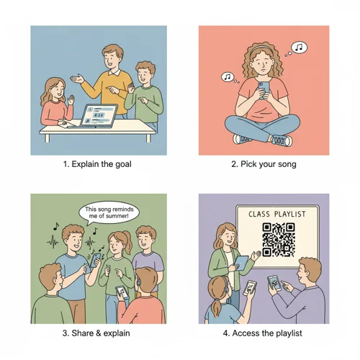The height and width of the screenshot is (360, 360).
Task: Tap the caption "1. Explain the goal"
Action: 98,164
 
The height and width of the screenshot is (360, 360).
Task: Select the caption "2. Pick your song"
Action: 264,164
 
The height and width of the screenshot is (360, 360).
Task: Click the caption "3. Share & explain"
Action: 98,333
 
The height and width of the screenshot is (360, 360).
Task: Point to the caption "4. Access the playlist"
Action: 264,333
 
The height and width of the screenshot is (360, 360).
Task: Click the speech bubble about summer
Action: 110,212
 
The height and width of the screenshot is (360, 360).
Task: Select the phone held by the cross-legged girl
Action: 262,89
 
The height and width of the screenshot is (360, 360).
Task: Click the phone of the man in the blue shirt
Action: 274,282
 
